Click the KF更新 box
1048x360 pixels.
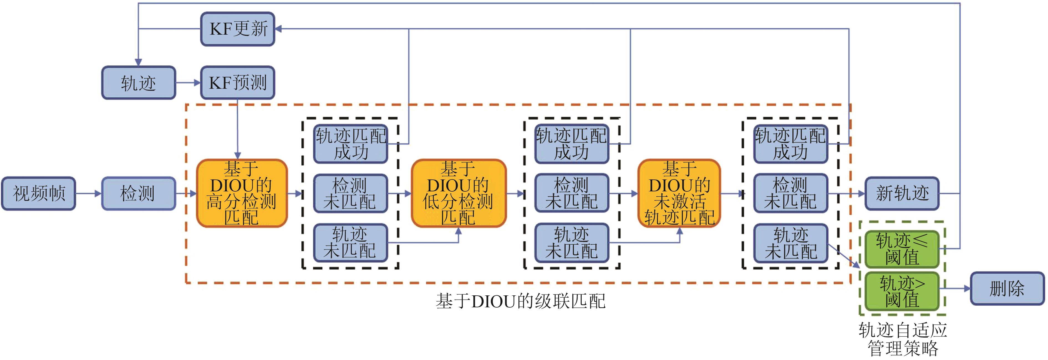point(238,29)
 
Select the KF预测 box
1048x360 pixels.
point(238,83)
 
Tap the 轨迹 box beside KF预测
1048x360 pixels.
point(138,83)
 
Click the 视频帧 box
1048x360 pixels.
point(39,194)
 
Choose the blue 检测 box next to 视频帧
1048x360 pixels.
point(138,194)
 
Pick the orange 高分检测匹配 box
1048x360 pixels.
point(242,193)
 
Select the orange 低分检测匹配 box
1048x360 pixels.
point(459,193)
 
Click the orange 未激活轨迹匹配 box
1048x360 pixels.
point(679,193)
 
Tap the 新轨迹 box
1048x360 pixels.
point(902,194)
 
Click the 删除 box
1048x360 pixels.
point(1007,288)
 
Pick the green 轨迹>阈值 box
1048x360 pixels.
point(902,291)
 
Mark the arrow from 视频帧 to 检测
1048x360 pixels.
point(88,194)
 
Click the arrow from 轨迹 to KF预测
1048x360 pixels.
point(188,83)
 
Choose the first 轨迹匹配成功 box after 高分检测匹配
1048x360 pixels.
point(350,144)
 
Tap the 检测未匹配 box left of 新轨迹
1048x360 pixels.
point(790,194)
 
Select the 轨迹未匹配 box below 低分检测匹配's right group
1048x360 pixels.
point(572,243)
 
